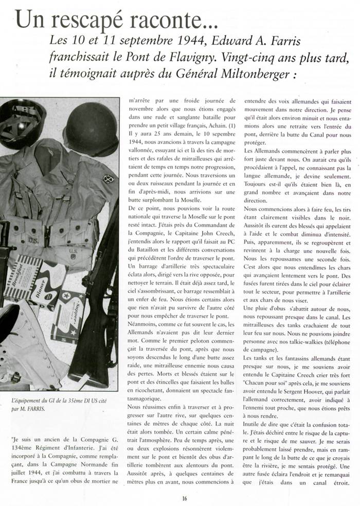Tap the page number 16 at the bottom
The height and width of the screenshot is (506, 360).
[x=184, y=498]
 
